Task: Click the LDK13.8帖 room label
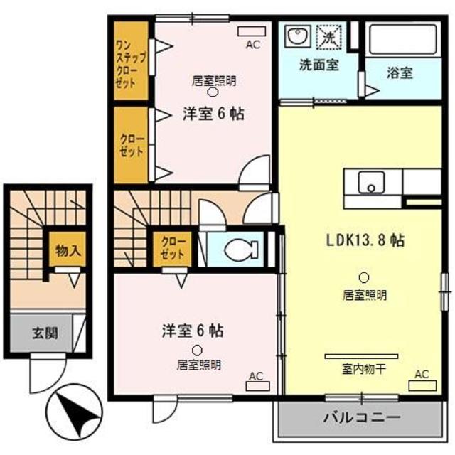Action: (365, 240)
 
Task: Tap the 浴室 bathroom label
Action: (400, 73)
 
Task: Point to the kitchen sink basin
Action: (370, 183)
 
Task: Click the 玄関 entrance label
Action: (44, 333)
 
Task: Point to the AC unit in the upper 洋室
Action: (252, 31)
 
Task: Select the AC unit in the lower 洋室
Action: (257, 387)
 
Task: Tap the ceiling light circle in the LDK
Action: (365, 277)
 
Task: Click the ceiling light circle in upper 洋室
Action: (213, 92)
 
